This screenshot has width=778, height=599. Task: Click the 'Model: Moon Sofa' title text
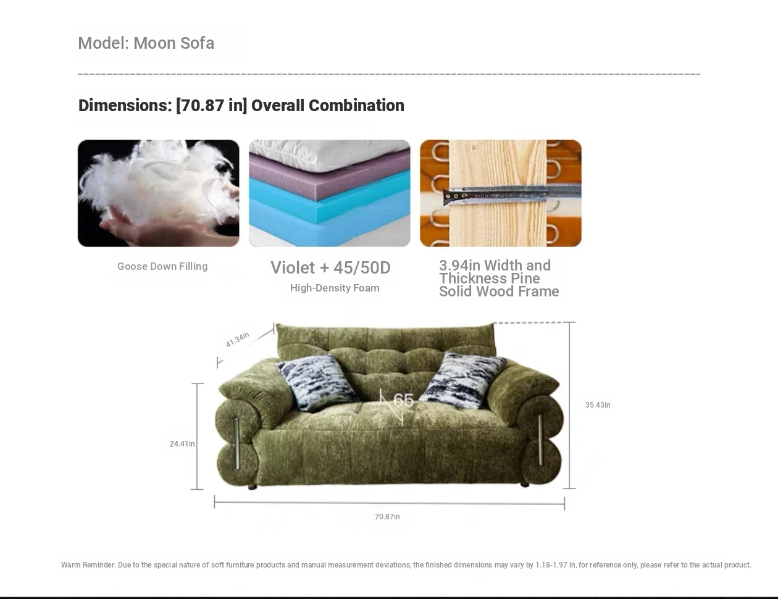coord(146,43)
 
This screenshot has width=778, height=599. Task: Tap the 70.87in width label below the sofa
coord(387,517)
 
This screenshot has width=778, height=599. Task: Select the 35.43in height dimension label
coord(598,405)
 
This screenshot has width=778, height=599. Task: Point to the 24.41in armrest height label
coord(182,444)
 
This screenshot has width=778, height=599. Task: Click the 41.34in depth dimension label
coord(237,340)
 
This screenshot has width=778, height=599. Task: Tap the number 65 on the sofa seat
coord(403,400)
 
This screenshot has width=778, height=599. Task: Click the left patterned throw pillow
coord(317,382)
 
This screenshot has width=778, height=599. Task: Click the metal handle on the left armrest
coord(236,443)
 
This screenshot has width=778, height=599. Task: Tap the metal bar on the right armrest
coord(540,440)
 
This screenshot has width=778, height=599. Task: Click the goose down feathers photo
coord(158,193)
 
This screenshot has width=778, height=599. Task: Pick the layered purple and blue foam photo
coord(329,193)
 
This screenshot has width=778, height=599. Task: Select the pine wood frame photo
coord(501,193)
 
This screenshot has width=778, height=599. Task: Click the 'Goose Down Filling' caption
coord(162,266)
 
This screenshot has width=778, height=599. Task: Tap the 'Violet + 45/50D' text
coord(330,268)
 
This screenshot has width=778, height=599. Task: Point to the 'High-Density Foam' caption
coord(335,288)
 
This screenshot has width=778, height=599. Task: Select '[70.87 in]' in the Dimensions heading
coord(211,106)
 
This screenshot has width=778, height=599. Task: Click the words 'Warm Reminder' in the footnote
coord(88,565)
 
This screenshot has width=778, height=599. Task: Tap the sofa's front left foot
coord(253,487)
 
